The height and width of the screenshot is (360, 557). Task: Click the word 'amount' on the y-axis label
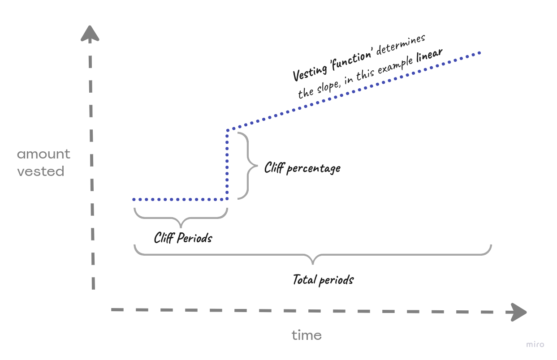point(43,154)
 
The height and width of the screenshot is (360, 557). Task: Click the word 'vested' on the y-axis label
point(41,171)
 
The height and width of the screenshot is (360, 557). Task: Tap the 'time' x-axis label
point(307,335)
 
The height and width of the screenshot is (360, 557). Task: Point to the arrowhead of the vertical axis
point(90,34)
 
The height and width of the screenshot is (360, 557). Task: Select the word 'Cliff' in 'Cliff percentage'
point(274,167)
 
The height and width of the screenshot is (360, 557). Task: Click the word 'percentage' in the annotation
point(313,169)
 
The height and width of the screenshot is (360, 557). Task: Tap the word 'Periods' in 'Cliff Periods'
point(194,237)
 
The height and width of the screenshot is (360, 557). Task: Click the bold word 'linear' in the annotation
point(429,56)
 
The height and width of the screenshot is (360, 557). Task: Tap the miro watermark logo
point(535,344)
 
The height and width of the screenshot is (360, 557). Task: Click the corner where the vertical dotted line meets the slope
point(228,130)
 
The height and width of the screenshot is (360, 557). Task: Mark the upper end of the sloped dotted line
point(479,53)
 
